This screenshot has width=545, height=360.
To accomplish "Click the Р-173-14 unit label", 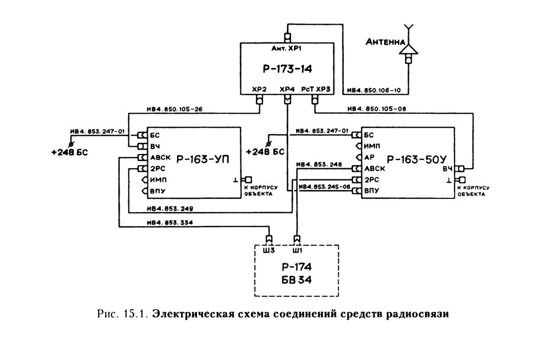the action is click(287, 69).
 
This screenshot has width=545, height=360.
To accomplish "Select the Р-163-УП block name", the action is click(203, 159).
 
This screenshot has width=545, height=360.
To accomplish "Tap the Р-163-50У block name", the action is click(416, 159).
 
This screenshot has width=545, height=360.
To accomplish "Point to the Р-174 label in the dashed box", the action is click(297, 267).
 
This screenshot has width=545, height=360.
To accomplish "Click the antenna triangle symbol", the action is click(408, 50).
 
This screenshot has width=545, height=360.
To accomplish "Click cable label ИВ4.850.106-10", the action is click(374, 91).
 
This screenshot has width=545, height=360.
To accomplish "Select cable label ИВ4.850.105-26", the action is click(175, 109).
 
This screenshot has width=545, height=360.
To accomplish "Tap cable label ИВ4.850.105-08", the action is click(377, 109).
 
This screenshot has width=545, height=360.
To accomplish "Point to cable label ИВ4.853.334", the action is click(170, 223).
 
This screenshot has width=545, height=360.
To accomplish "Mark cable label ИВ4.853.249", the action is click(170, 209).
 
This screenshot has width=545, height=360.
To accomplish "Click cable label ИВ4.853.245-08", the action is click(325, 187).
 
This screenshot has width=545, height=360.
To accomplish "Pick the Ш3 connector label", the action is click(269, 251).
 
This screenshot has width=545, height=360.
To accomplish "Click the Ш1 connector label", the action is click(297, 251).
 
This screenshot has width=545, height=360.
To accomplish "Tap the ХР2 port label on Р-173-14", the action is click(259, 90).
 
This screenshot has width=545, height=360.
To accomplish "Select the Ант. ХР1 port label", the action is click(286, 48).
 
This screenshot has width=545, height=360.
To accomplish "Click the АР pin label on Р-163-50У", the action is click(369, 157).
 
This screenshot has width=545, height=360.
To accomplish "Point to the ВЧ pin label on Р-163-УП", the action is click(155, 146).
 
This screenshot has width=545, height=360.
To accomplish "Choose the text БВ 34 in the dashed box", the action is click(297, 279).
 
